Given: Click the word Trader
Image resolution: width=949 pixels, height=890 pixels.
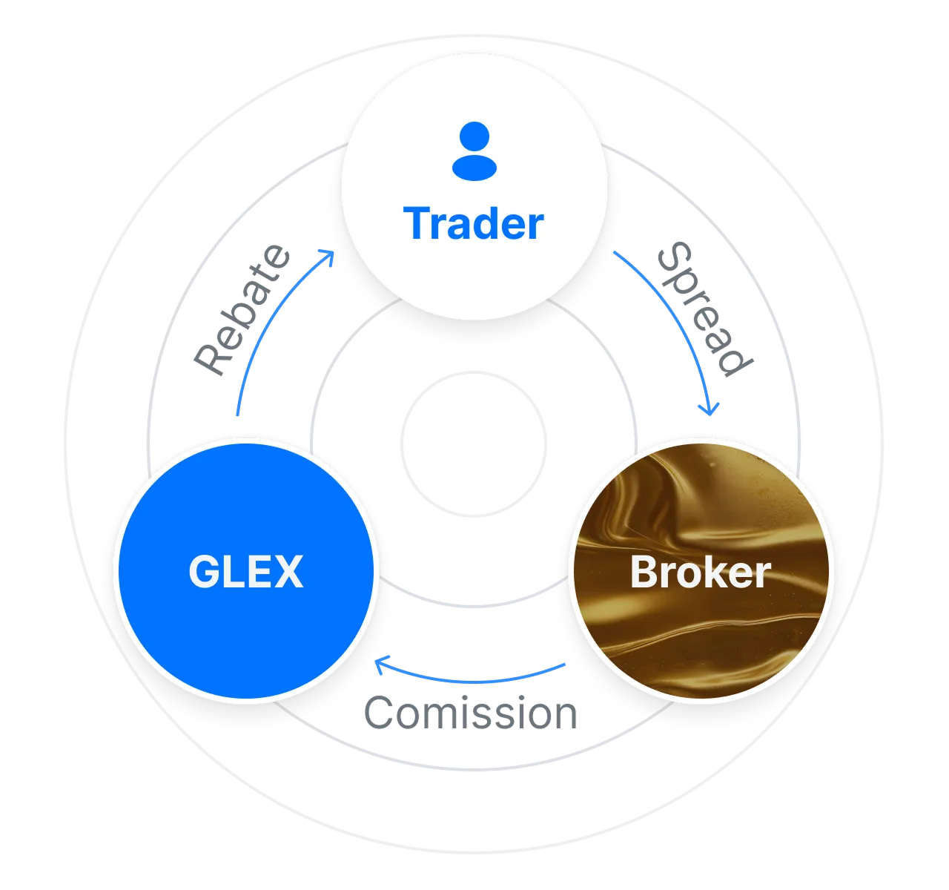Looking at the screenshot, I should (474, 223).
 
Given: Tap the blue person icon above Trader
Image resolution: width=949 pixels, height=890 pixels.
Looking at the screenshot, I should (474, 151).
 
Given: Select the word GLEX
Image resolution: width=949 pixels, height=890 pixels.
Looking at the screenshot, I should (245, 573).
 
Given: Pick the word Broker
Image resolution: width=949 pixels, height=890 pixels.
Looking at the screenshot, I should (701, 573).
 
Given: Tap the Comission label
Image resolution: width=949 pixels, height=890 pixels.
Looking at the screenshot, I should (471, 713).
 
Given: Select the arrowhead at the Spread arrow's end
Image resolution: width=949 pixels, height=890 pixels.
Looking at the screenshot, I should (711, 409).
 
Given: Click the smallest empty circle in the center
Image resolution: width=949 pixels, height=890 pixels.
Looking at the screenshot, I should (474, 443).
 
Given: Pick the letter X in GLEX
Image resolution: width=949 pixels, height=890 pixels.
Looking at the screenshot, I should (290, 573).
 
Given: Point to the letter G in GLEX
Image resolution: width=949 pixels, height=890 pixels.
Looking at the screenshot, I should (203, 573).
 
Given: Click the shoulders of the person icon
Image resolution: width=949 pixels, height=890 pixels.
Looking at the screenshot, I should (474, 168).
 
